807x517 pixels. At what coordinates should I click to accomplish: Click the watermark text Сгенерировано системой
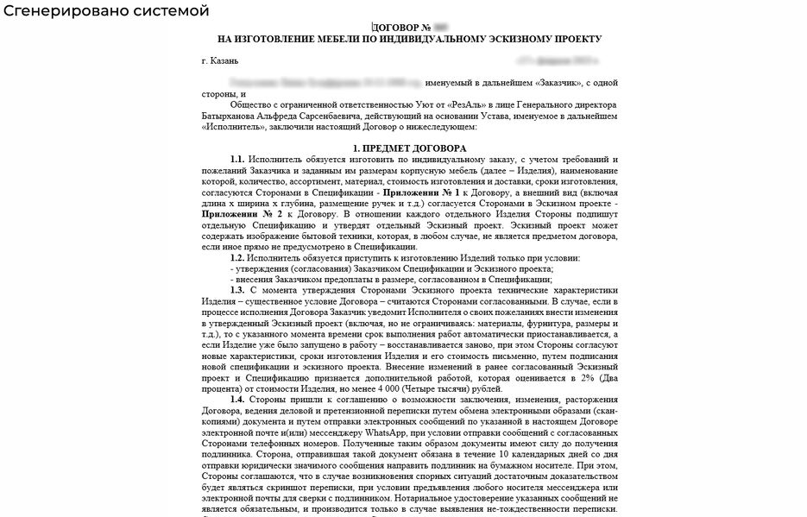[105, 11]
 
